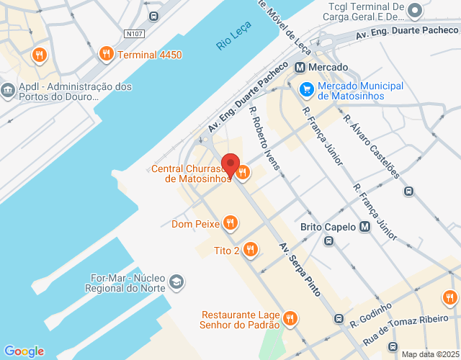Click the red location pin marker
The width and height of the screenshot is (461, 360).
(x=230, y=165)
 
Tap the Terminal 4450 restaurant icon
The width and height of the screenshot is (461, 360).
(x=106, y=54)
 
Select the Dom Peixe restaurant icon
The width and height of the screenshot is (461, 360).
(x=230, y=223)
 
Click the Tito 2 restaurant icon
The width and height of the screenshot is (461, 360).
(x=250, y=250)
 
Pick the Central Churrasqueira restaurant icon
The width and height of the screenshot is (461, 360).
(x=243, y=172)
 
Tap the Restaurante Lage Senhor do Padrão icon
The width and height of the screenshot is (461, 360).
(x=290, y=318)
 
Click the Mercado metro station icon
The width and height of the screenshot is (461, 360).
(x=300, y=68)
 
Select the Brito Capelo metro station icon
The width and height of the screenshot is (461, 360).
(x=364, y=227)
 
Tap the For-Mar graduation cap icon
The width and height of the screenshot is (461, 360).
(x=177, y=282)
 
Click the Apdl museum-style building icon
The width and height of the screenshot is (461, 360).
(x=8, y=90)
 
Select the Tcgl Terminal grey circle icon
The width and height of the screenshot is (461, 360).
(x=414, y=10)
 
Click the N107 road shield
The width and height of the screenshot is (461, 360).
(x=133, y=33)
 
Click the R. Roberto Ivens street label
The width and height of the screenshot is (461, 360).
(x=264, y=138)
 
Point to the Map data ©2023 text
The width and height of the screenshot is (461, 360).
(x=429, y=354)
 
